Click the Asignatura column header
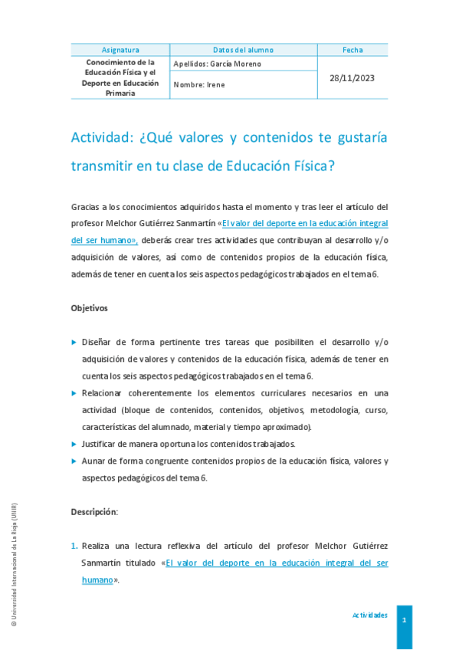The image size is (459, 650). [x=120, y=50]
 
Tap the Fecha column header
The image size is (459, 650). [x=352, y=50]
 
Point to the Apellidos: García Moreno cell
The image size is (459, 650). [x=218, y=64]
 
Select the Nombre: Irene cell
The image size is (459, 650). [x=199, y=85]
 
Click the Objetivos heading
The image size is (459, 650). [x=90, y=308]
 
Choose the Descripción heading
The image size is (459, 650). [x=94, y=511]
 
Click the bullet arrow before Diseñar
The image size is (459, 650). [x=74, y=342]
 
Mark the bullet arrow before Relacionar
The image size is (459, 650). [x=74, y=393]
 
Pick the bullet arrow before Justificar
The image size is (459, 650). [x=74, y=444]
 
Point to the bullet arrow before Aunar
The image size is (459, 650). [x=74, y=461]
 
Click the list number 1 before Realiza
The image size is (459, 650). [x=74, y=546]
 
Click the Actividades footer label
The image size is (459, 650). [x=369, y=616]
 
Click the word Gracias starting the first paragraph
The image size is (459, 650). [x=85, y=207]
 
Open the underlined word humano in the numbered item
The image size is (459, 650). [x=97, y=580]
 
